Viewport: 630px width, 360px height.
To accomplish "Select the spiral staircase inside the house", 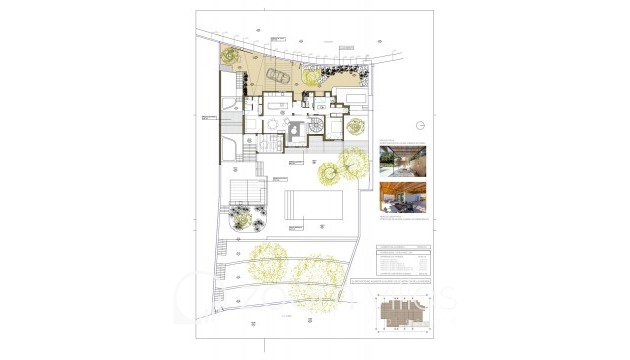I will coord(315,126).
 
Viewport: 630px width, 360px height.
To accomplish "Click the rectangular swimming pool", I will coord(313,205).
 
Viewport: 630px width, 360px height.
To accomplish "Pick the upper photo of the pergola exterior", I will coord(402,160).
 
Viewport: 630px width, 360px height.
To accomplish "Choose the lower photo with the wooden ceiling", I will coord(402,197).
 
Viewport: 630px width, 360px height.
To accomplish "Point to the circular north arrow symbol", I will coord(420,125).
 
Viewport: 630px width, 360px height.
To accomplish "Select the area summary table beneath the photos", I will coord(402,260).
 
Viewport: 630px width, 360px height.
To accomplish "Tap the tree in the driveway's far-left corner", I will coord(231,57).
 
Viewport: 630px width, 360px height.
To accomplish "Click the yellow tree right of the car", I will coord(312,76).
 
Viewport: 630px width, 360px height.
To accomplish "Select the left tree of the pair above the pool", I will coord(331,173).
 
